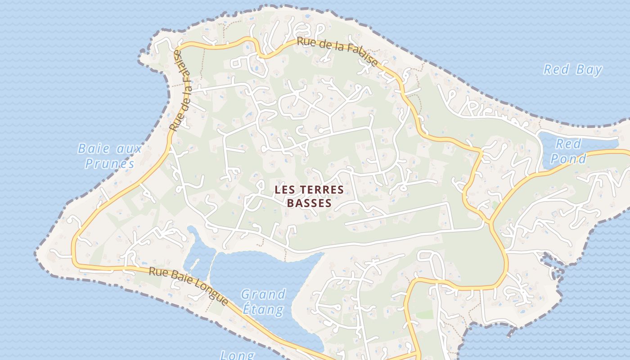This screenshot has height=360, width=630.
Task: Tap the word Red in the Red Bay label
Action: point(557,70)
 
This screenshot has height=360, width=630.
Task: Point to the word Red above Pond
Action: point(568,144)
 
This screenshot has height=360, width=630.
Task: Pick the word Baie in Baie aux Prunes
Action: point(89,148)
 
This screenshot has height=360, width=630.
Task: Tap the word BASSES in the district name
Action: point(309,203)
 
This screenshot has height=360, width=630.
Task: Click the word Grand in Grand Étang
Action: point(263,295)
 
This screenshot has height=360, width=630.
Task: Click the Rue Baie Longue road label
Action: point(189,284)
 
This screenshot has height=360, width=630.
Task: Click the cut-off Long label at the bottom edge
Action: point(237,355)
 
